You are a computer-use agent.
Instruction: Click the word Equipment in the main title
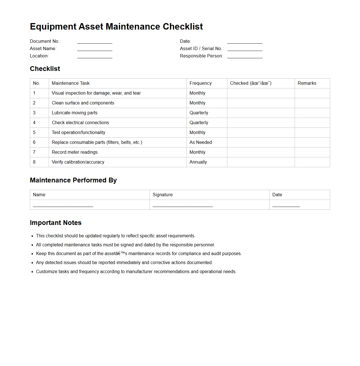(53, 26)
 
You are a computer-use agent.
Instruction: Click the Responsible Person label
(201, 56)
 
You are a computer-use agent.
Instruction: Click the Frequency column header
(201, 83)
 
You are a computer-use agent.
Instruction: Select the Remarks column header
(307, 83)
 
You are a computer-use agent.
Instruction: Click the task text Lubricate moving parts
(75, 113)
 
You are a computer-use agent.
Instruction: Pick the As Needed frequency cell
(201, 142)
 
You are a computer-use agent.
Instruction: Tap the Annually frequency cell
(198, 162)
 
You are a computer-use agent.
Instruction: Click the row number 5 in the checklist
(34, 133)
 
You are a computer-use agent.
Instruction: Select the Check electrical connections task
(80, 123)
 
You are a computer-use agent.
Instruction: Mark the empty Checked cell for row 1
(261, 93)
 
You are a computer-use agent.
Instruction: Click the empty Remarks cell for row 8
(312, 162)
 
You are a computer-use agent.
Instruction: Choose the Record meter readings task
(75, 152)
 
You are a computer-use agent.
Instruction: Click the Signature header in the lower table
(163, 195)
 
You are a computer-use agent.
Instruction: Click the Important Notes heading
(55, 223)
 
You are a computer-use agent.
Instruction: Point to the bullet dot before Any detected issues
(32, 263)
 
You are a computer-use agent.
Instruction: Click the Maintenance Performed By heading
(73, 180)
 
